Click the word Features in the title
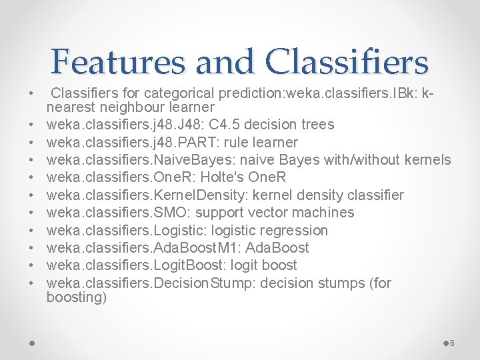tap(119, 62)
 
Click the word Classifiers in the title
tap(347, 62)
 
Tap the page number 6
tap(452, 343)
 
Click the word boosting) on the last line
tap(76, 298)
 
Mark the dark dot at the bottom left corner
tap(32, 343)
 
